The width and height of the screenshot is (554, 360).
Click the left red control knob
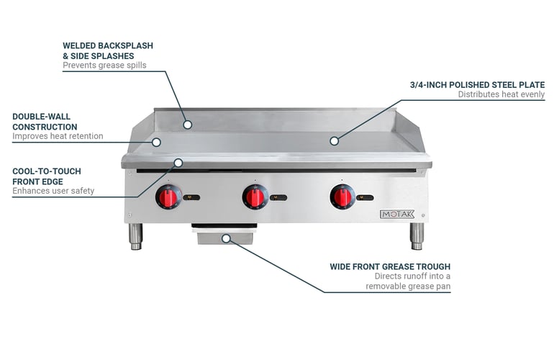point(168,197)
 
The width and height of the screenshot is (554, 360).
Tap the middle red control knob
point(255,197)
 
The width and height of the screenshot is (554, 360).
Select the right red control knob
point(342,197)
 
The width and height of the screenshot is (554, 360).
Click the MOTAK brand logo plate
point(396,214)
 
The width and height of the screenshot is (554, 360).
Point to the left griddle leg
point(136,236)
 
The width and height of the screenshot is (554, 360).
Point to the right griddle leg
point(417,236)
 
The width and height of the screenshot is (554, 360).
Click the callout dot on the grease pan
point(226,238)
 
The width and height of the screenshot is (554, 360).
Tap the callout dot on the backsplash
point(188,125)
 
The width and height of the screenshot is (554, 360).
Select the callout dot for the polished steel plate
point(334,140)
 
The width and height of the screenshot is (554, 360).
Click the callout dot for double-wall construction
point(156,142)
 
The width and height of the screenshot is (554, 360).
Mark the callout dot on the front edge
point(178,163)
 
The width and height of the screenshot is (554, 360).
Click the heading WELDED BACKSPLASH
point(108,45)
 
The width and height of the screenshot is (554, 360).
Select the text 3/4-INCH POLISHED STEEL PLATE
point(477,85)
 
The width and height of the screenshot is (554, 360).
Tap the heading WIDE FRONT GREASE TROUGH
point(390,266)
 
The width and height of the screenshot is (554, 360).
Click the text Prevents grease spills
point(104,65)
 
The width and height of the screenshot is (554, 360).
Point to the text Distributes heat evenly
point(501,94)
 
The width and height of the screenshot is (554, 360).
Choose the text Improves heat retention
point(58,136)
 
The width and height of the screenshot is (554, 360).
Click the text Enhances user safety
point(53,191)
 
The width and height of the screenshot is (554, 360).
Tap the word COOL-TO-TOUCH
point(47,171)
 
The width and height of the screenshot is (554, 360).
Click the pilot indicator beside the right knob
point(365,198)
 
